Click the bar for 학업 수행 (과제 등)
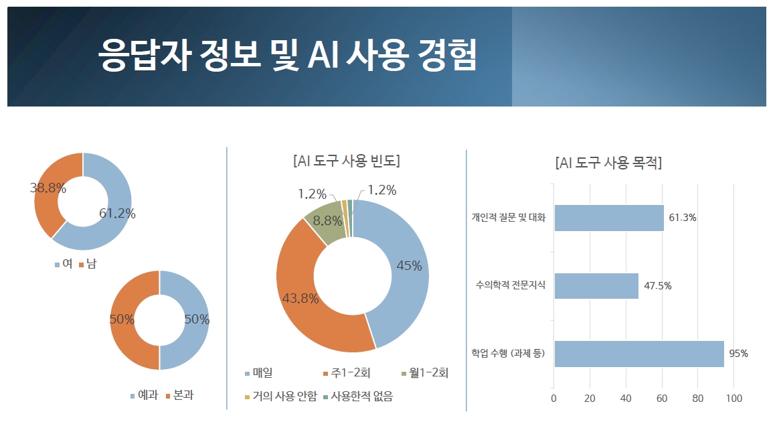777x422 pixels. point(638,354)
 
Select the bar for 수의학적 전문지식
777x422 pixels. point(596,285)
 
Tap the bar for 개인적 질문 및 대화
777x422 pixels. point(608,218)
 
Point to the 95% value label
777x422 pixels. point(738,354)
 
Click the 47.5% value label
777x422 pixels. point(658,286)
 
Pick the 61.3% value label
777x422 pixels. point(683,218)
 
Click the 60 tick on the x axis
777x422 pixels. point(662,399)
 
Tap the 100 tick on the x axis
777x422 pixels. point(734,399)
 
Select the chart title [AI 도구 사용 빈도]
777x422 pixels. point(347,161)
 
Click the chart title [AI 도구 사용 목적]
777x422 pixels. point(608,163)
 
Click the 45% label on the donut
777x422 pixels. point(409,266)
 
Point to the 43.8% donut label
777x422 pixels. point(300,299)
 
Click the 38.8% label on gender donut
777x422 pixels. point(48,188)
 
